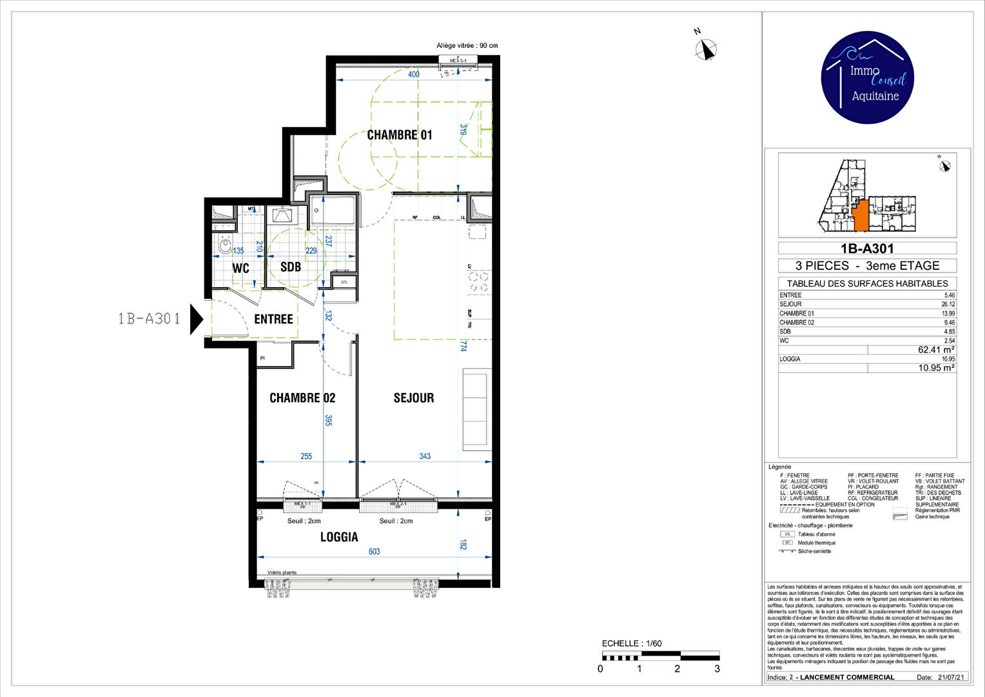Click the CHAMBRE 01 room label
coord(399,135)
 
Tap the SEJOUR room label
coord(413,398)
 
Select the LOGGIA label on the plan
coord(339,537)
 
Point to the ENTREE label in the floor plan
coord(273,319)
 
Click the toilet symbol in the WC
coord(225,245)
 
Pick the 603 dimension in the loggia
coord(374,552)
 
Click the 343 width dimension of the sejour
coord(425,456)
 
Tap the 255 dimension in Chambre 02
coord(306,456)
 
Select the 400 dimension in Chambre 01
coord(414,74)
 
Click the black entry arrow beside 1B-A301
coord(196,319)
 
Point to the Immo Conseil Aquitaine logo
coord(867,77)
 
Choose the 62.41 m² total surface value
coord(935,350)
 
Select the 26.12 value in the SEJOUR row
coord(948,304)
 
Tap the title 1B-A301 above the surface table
coord(867,248)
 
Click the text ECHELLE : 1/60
coord(631,643)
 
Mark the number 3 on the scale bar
coord(717,669)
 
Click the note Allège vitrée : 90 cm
coord(467,46)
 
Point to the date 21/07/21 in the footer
coord(951,677)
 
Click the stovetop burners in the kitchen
coord(478,282)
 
